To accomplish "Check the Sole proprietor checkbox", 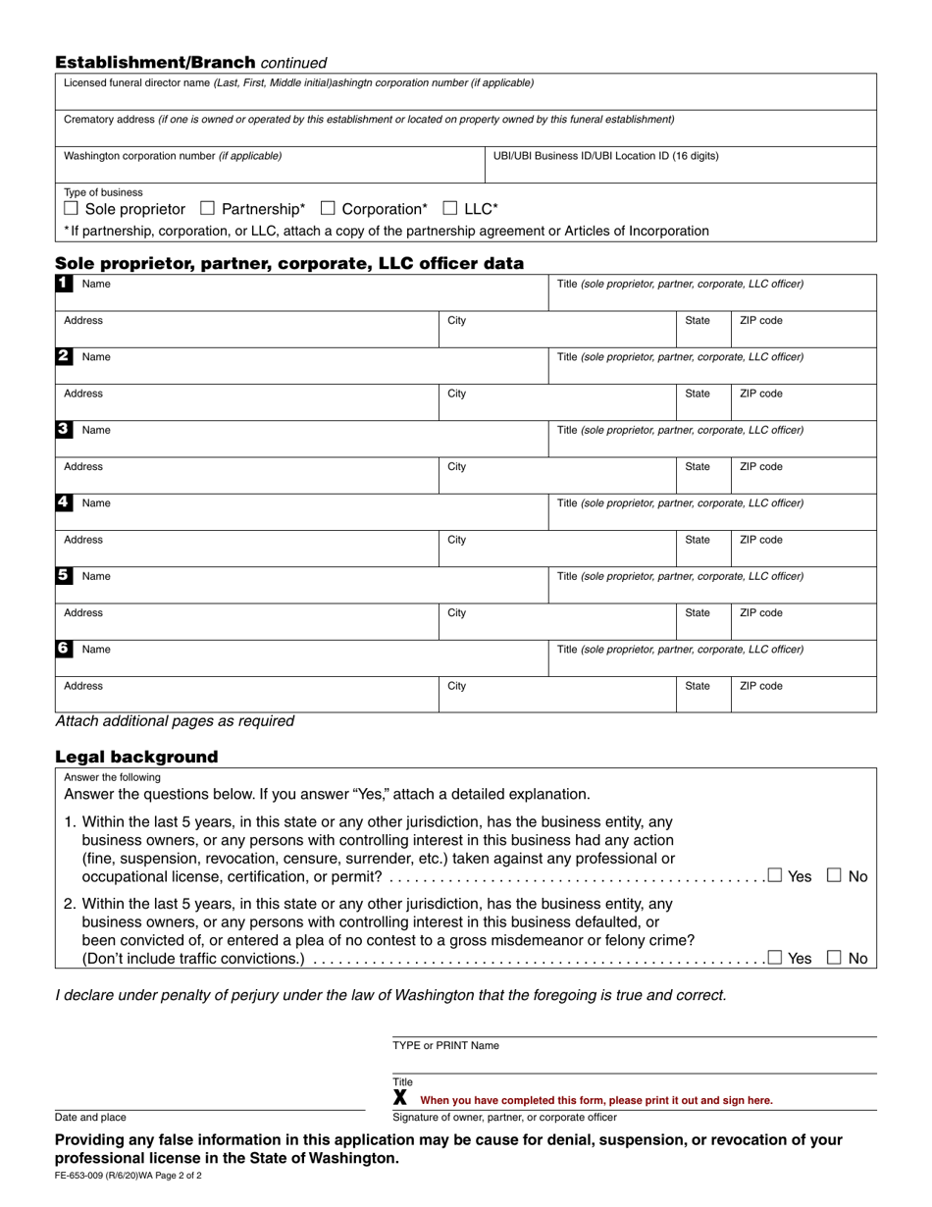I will coord(71,209).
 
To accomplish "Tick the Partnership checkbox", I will coord(207,209).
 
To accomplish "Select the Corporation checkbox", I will coord(328,209).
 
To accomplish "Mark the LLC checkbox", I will coord(450,209).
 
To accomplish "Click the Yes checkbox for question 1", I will coord(775,875).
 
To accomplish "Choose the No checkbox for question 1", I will coord(833,875).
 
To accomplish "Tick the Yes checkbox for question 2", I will coord(775,958).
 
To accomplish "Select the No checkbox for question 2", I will coord(833,958).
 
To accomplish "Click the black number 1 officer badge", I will coord(63,283).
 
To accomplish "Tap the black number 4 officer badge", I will coord(63,502).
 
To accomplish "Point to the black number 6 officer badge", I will coord(63,649).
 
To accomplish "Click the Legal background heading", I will coord(136,757).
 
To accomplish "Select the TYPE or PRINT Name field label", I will coord(445,1046).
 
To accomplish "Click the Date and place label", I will coord(90,1117).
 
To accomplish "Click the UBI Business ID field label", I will coord(605,156).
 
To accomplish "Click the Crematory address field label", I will coord(369,120).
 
